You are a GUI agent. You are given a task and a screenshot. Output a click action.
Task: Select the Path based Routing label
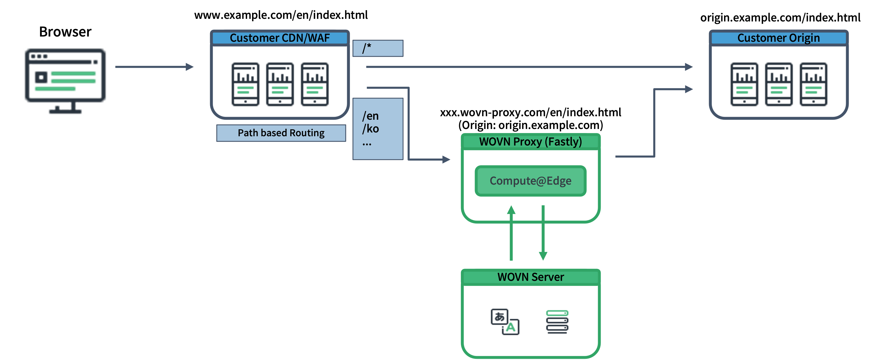[x=281, y=133]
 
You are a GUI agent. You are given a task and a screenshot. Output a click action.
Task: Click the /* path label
[x=367, y=48]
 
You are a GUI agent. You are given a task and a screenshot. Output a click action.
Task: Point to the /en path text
[x=370, y=116]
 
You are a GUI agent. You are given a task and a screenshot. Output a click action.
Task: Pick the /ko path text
[x=370, y=129]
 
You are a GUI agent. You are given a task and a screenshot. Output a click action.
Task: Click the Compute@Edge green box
[x=530, y=181]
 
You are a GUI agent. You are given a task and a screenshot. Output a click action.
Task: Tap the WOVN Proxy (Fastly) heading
[x=530, y=142]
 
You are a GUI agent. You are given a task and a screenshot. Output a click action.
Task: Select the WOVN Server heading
[x=530, y=277]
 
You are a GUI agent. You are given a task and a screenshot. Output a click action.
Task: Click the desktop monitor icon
[x=65, y=77]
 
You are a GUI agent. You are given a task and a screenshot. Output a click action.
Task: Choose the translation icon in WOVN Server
[x=505, y=322]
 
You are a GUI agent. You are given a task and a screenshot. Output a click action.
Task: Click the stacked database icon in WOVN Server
[x=557, y=322]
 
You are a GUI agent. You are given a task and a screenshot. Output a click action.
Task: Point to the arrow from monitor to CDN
[x=155, y=67]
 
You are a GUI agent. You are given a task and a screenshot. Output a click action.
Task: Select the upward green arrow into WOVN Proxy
[x=511, y=233]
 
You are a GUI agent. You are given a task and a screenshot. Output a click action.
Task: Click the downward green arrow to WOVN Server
[x=543, y=233]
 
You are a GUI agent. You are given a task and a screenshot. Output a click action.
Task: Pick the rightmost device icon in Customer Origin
[x=813, y=84]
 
